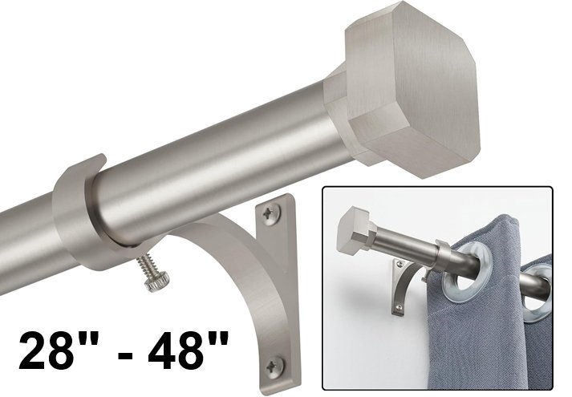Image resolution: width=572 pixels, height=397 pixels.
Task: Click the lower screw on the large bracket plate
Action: [274, 365]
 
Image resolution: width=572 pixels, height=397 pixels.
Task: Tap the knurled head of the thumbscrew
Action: [157, 282]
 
